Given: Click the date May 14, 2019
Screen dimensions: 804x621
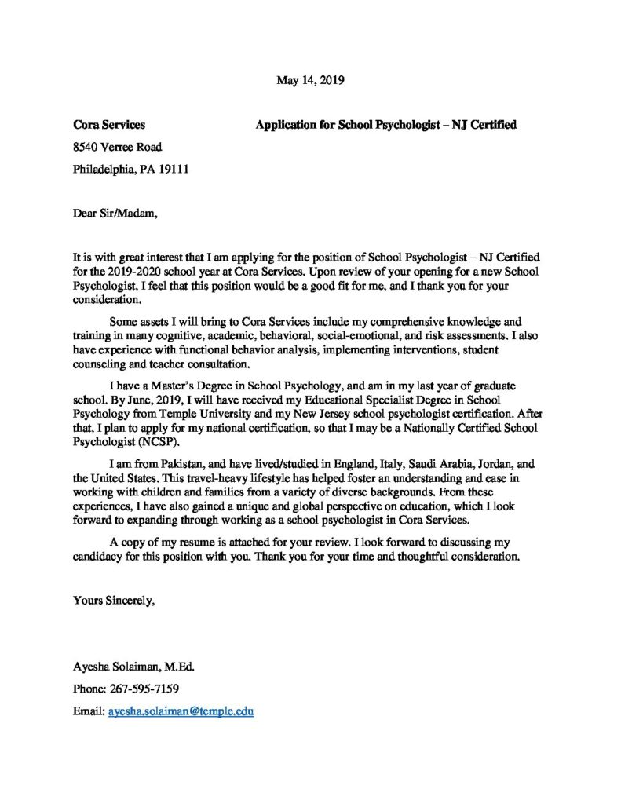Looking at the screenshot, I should (311, 79).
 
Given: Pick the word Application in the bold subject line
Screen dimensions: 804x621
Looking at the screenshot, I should (285, 124).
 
